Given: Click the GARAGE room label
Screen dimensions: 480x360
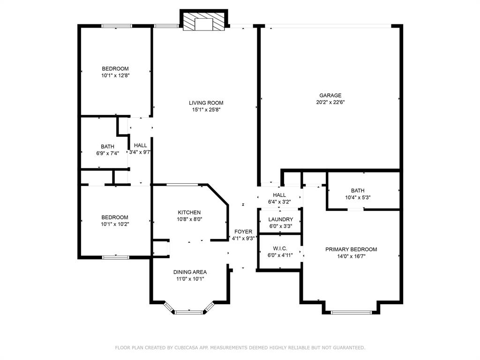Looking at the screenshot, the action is tap(330, 96).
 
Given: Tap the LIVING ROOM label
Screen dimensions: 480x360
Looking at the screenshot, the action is tap(206, 103).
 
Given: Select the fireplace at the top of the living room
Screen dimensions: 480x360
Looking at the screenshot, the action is tap(203, 20).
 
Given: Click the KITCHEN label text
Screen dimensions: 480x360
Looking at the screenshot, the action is tap(189, 212).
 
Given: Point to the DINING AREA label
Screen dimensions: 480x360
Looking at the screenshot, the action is tap(190, 272).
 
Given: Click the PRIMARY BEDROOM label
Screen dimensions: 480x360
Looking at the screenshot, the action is tap(351, 249).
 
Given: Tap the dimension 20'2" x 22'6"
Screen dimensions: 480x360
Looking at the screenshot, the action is tap(330, 103).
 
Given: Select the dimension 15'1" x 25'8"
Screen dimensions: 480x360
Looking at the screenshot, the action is tap(206, 110).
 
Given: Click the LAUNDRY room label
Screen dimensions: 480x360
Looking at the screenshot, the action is tap(281, 219).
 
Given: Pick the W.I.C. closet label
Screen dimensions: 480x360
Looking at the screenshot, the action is tap(280, 248).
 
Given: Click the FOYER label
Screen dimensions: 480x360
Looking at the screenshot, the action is tap(243, 232).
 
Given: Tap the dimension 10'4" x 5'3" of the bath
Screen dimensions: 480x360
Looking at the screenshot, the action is tap(358, 198).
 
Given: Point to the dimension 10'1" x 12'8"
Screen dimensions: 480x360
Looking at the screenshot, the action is tap(116, 75).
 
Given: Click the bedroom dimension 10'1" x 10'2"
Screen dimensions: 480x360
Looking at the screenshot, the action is tap(115, 225).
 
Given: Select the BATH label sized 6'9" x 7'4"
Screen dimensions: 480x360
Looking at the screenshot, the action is tap(108, 147).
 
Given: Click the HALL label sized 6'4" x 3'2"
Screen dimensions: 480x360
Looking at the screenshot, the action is tap(279, 195).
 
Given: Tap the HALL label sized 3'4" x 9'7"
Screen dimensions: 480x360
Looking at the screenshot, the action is tap(141, 145).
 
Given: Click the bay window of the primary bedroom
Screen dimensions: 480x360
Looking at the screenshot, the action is tap(351, 313).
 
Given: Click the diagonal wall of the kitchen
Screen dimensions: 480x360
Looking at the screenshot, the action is tap(218, 195).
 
